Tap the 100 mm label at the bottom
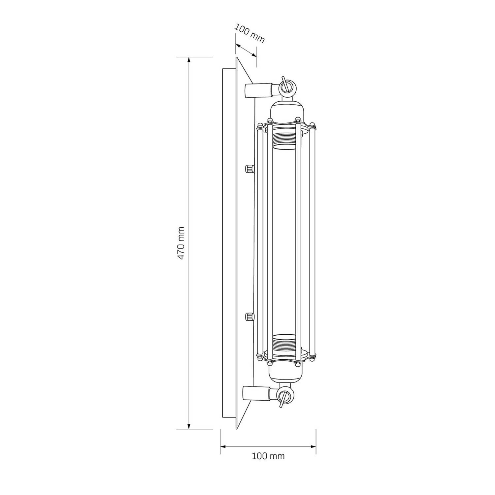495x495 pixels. pos(268,456)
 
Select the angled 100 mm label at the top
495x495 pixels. pos(250,33)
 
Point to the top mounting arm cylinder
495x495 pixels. pos(258,90)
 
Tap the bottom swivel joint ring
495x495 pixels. pos(284,396)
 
